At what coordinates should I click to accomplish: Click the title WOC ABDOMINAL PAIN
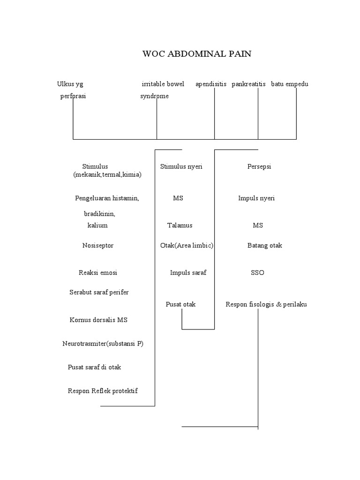coord(197,54)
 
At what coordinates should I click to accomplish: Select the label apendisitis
coord(211,84)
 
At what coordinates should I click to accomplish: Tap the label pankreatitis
coord(248,84)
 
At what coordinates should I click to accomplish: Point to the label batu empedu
coord(290,84)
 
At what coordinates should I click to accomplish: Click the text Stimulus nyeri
coord(181,166)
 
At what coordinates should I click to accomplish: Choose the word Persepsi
coord(259,166)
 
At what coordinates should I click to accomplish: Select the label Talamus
coord(180,225)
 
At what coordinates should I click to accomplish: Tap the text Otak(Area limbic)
coord(187,246)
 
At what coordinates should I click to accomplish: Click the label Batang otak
coord(265,246)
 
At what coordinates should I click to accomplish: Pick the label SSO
coord(257,273)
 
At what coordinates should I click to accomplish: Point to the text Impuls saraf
coord(188,273)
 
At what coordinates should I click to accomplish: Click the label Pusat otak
coord(180,304)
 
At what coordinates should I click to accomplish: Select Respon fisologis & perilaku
coord(266,304)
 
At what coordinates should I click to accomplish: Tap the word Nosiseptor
coord(98,246)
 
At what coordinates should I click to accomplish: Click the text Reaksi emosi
coord(98,273)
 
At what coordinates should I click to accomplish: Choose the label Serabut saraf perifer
coord(99,292)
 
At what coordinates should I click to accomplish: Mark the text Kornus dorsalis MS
coord(98,320)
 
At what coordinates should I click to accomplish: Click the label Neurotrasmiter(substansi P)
coord(103,344)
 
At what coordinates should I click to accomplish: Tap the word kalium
coord(97,225)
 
